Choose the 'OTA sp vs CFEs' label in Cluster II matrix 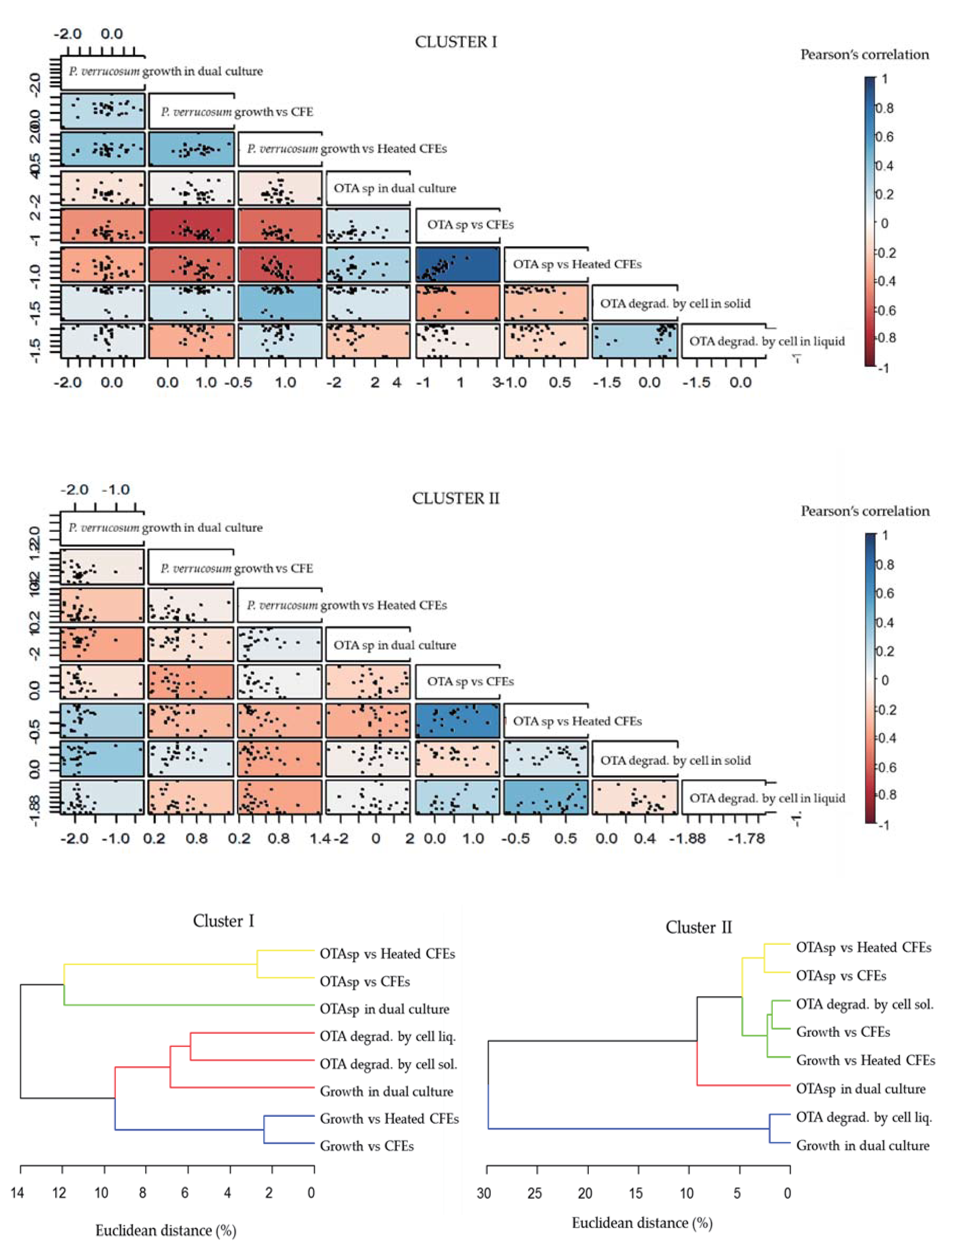coord(470,682)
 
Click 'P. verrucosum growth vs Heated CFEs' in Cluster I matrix coord(346,149)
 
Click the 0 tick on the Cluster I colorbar coord(884,224)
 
